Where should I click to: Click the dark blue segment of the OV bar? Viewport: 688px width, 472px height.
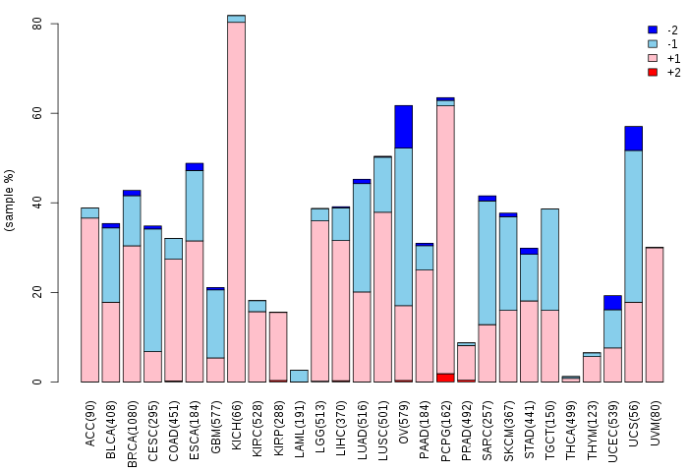pyautogui.click(x=403, y=127)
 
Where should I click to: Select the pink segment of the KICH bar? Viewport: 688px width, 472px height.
pyautogui.click(x=236, y=202)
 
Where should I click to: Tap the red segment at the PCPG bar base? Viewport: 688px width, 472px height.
pyautogui.click(x=445, y=378)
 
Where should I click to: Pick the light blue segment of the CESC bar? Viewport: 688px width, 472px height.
pyautogui.click(x=152, y=290)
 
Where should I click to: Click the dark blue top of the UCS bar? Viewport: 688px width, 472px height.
pyautogui.click(x=634, y=139)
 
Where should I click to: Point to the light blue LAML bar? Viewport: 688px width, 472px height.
pyautogui.click(x=299, y=376)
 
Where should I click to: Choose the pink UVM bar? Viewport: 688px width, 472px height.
pyautogui.click(x=655, y=315)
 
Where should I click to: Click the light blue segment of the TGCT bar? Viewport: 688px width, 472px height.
pyautogui.click(x=549, y=260)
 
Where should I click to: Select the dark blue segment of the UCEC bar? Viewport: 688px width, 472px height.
pyautogui.click(x=612, y=303)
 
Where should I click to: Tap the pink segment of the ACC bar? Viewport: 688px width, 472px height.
pyautogui.click(x=90, y=300)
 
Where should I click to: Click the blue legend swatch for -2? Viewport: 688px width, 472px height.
pyautogui.click(x=653, y=29)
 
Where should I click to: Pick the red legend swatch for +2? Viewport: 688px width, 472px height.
pyautogui.click(x=653, y=72)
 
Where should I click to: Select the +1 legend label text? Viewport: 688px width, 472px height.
pyautogui.click(x=673, y=58)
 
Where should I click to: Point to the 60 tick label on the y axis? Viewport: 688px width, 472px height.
pyautogui.click(x=37, y=113)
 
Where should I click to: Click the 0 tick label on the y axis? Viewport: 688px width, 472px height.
pyautogui.click(x=37, y=382)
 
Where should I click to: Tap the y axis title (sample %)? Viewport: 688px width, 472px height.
pyautogui.click(x=9, y=201)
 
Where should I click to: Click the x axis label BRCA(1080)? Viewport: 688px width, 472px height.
pyautogui.click(x=132, y=434)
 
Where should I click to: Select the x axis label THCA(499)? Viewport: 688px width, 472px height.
pyautogui.click(x=570, y=431)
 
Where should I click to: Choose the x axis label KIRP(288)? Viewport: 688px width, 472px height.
pyautogui.click(x=278, y=429)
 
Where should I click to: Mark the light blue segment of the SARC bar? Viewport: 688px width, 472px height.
pyautogui.click(x=487, y=263)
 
